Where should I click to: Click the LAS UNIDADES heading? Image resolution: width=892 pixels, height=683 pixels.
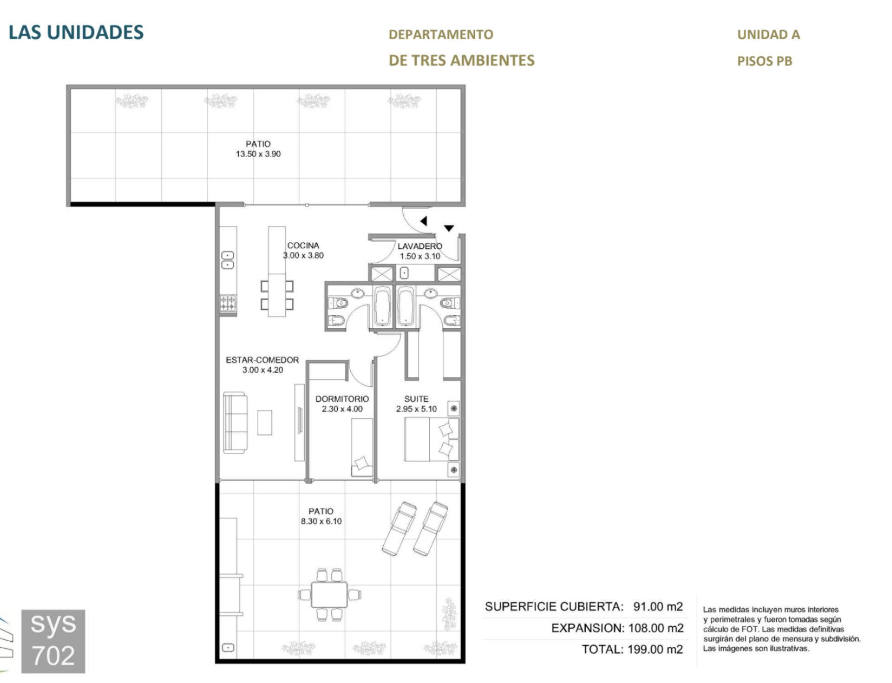[x=76, y=32]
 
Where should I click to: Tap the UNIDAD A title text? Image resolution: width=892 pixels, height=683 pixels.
[x=768, y=34]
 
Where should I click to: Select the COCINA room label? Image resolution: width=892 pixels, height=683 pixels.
[x=303, y=245]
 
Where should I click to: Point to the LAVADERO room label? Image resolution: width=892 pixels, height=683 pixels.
[x=420, y=246]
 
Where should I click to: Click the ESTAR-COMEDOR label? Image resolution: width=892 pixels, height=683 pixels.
[x=262, y=360]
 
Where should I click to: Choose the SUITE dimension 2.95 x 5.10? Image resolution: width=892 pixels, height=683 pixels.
[x=416, y=409]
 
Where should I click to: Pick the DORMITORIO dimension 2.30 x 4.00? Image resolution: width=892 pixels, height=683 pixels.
[x=342, y=409]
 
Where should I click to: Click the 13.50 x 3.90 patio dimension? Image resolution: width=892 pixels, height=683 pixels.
[x=258, y=154]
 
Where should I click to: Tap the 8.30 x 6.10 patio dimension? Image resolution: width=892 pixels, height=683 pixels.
[x=321, y=521]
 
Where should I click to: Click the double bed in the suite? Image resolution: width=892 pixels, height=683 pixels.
[x=431, y=439]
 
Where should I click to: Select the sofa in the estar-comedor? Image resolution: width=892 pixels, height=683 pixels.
[x=235, y=423]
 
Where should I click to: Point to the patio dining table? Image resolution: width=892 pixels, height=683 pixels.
[x=329, y=595]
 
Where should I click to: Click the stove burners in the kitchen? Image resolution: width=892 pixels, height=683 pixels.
[x=228, y=303]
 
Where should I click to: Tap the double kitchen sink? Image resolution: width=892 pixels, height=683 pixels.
[x=228, y=260]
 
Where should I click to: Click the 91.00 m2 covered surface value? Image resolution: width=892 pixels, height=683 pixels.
[x=658, y=607]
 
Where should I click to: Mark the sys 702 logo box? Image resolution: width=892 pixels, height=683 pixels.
[x=53, y=641]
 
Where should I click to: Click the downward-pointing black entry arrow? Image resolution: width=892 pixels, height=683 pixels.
[x=449, y=228]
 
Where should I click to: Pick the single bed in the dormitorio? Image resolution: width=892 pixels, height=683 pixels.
[x=362, y=447]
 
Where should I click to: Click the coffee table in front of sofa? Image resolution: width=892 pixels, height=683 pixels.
[x=265, y=423]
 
